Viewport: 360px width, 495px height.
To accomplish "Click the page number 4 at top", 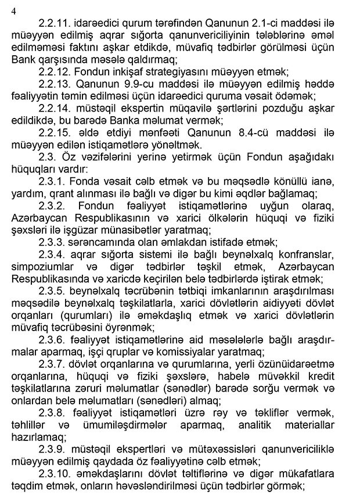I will (13, 10).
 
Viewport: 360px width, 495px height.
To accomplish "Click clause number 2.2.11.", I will (56, 23).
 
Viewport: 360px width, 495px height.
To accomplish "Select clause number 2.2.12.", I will (56, 72).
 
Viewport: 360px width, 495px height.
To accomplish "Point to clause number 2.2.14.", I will (56, 109).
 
